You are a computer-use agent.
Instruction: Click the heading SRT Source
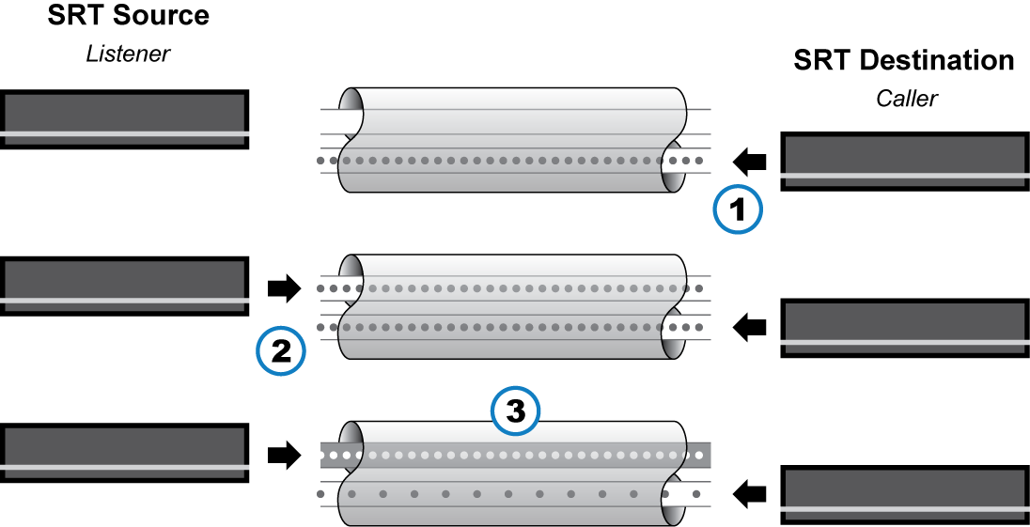click(x=129, y=16)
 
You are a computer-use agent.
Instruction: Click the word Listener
click(x=128, y=54)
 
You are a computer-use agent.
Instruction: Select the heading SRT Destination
click(x=903, y=61)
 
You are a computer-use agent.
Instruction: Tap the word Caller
click(x=907, y=98)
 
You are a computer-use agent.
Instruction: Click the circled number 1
click(x=738, y=210)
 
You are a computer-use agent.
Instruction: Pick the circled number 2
click(x=280, y=351)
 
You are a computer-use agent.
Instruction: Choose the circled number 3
click(x=516, y=411)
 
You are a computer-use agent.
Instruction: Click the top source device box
click(x=125, y=119)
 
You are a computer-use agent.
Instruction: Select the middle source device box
click(x=125, y=287)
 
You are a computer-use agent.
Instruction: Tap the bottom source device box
click(x=125, y=454)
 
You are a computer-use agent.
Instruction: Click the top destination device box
click(x=903, y=162)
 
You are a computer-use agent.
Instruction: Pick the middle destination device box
click(x=903, y=328)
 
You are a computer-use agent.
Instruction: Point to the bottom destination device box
click(x=903, y=494)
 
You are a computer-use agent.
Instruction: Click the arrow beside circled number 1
click(x=750, y=162)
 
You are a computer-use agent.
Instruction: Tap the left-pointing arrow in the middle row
click(x=750, y=328)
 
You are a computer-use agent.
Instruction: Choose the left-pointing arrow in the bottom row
click(x=750, y=492)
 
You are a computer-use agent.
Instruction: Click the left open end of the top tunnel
click(x=351, y=109)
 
